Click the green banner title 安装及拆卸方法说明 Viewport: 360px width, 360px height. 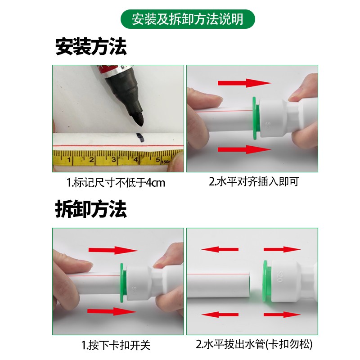[x=188, y=19]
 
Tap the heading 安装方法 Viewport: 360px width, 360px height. [x=91, y=47]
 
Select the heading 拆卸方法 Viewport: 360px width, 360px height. [x=91, y=209]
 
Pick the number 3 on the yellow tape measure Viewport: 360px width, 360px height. [x=113, y=159]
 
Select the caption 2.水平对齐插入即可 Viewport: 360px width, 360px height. [x=253, y=182]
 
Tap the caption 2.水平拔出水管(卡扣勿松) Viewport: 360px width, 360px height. [x=254, y=345]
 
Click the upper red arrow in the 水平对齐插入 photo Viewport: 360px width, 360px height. [x=244, y=83]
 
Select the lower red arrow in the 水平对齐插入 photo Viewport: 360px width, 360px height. [x=244, y=150]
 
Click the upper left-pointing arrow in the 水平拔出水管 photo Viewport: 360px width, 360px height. [x=220, y=249]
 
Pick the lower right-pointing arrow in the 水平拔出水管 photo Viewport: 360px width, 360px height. [x=281, y=315]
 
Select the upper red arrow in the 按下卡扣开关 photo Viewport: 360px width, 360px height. [x=112, y=250]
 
